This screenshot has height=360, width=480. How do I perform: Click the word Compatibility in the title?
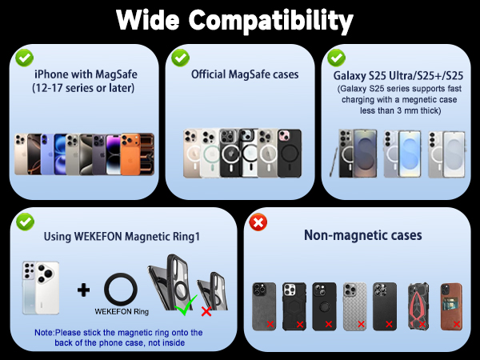point(271,21)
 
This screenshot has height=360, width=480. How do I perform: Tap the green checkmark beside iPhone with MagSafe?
point(25,58)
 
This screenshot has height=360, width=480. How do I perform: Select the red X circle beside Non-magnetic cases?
point(258,222)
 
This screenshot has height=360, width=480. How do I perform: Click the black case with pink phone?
point(290,153)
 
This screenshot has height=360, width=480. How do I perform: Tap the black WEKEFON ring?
point(121,290)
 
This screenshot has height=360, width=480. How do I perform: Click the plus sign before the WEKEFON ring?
point(83,290)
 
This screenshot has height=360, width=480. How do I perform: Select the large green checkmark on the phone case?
point(186,305)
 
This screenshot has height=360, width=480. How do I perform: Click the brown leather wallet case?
point(451,306)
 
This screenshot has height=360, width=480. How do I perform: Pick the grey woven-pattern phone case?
point(354,306)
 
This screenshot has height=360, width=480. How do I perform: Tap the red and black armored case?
point(418,306)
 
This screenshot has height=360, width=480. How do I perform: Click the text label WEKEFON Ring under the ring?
point(122,312)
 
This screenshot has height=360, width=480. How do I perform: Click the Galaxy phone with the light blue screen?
point(410,154)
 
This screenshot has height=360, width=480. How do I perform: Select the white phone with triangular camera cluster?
point(47,288)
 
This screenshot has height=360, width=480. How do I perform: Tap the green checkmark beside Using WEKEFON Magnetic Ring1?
point(25,222)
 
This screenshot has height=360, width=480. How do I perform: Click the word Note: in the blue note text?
point(44,333)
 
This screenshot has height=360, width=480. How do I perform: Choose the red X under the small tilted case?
point(206,312)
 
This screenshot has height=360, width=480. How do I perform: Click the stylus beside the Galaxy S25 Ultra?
point(334,162)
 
